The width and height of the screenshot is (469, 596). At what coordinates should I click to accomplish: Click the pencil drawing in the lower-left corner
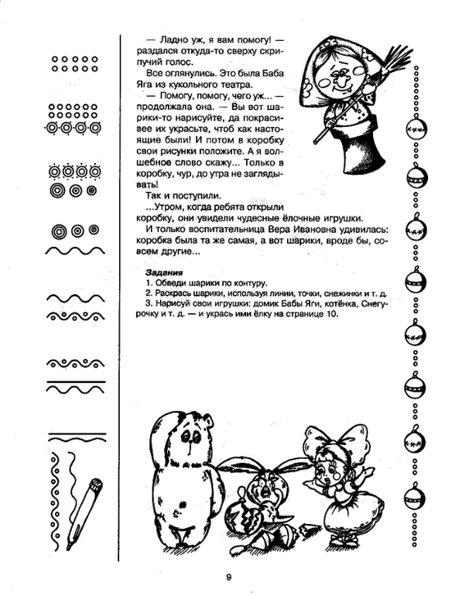(x=83, y=512)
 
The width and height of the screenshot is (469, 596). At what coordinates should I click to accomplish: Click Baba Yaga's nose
(x=339, y=80)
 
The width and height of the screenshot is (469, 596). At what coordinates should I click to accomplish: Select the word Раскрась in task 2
(x=176, y=294)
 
